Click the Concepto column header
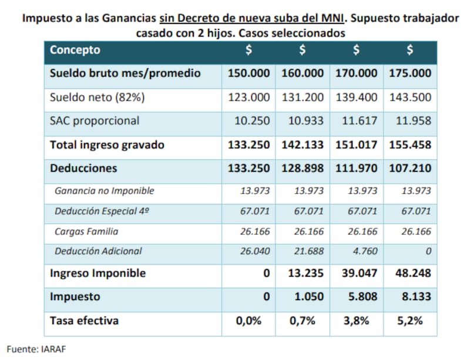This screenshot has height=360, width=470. click(x=75, y=51)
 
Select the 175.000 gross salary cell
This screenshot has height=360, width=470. click(x=409, y=73)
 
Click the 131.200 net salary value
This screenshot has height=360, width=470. click(x=303, y=97)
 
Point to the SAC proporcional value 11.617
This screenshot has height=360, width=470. click(x=356, y=121)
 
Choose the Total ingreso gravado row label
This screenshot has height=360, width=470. click(x=107, y=144)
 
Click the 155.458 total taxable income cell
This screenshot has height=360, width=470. click(x=409, y=144)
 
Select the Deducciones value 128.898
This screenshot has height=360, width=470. click(x=303, y=168)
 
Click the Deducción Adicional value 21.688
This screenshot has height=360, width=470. click(x=307, y=251)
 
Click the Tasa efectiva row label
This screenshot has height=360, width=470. click(x=84, y=321)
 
